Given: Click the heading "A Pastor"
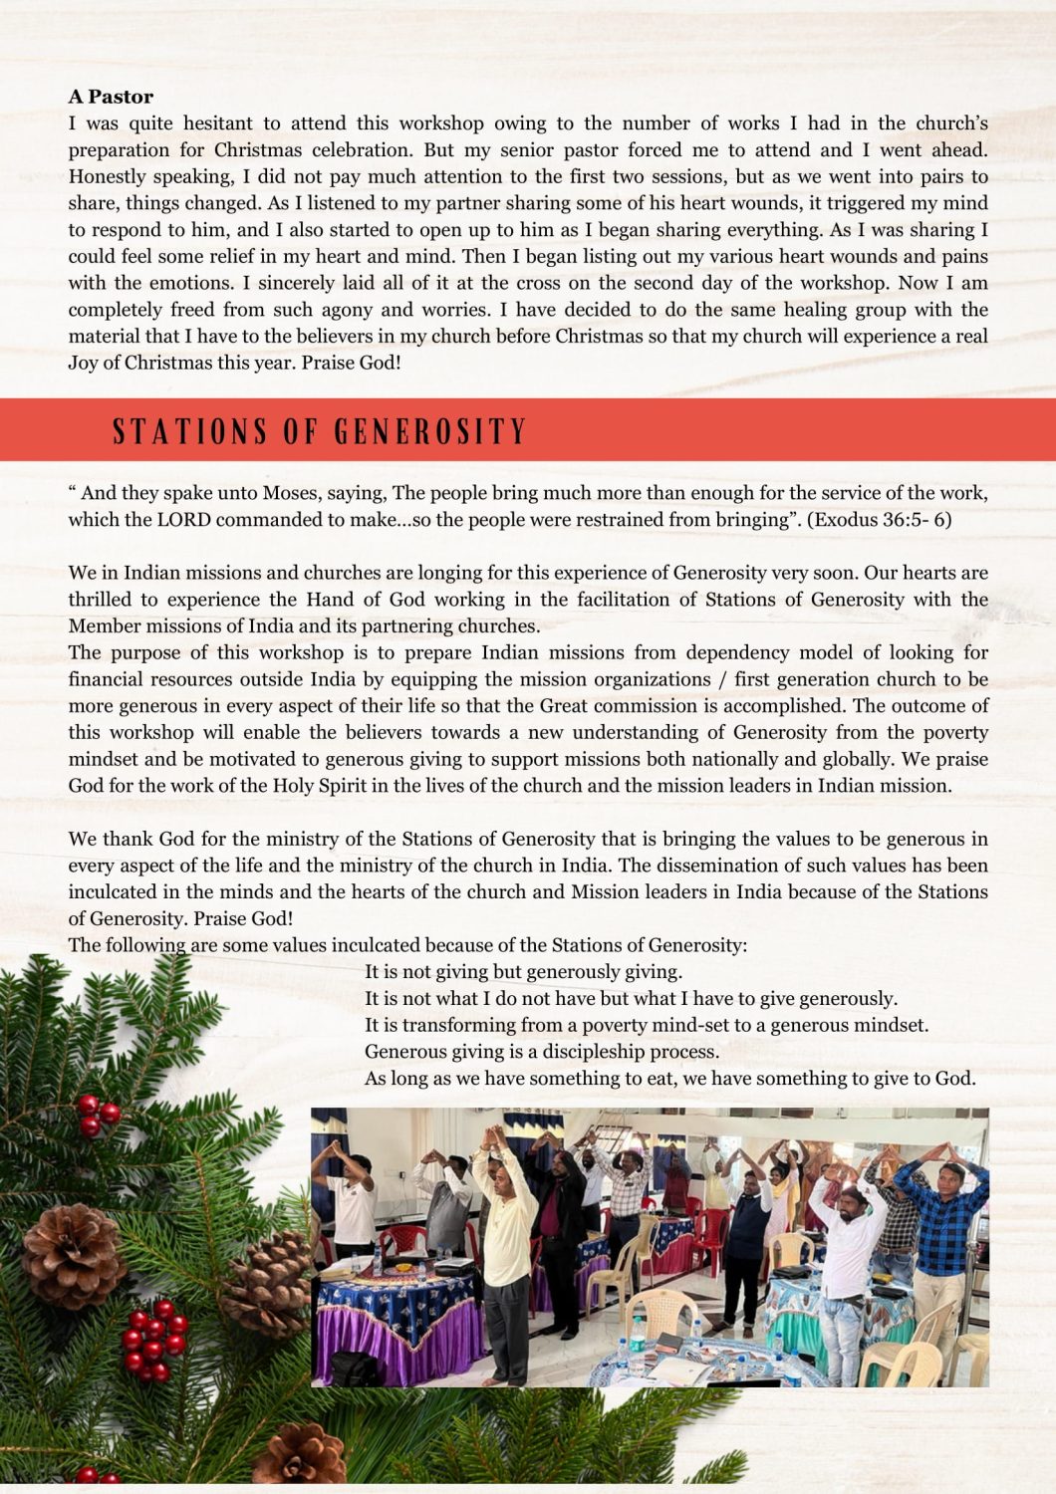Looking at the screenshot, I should click(111, 97).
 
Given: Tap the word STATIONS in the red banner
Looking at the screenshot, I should click(189, 431).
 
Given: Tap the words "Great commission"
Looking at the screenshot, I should click(609, 706).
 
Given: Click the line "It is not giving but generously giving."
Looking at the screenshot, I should click(523, 972).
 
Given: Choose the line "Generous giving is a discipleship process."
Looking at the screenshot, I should click(541, 1052).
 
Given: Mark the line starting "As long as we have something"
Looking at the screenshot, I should click(669, 1079).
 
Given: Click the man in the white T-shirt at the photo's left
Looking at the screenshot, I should click(349, 1205).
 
